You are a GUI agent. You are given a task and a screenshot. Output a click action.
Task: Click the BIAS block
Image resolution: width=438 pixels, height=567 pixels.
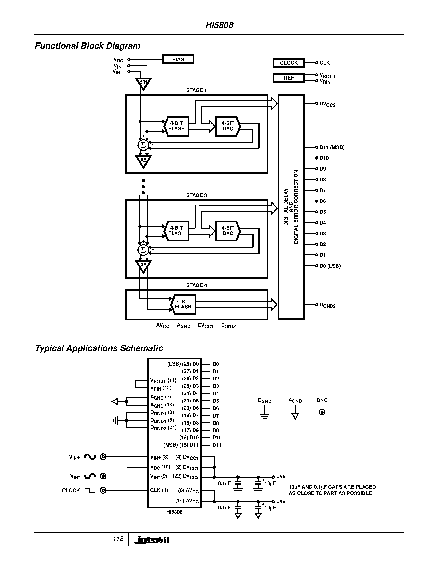click(178, 59)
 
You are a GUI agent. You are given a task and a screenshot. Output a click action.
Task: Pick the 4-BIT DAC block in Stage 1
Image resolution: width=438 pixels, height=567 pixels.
click(228, 126)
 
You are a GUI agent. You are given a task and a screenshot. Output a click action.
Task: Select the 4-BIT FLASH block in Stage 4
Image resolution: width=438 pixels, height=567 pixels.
click(183, 304)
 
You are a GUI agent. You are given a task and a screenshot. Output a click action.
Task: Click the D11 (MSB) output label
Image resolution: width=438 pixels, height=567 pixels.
click(332, 147)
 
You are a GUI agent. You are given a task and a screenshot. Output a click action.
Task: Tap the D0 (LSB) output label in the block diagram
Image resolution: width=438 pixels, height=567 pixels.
click(330, 266)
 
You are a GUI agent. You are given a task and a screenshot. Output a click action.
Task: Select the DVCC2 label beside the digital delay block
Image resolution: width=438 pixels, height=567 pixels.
click(327, 104)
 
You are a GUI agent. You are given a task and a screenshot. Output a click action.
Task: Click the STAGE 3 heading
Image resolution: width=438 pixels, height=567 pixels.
click(196, 195)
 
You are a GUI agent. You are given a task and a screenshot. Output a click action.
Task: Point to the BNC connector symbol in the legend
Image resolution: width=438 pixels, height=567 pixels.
click(322, 412)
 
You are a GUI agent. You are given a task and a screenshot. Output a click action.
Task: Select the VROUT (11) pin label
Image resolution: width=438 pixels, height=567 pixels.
click(163, 381)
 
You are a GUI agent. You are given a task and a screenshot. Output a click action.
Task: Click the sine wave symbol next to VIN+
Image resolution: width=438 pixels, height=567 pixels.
click(90, 457)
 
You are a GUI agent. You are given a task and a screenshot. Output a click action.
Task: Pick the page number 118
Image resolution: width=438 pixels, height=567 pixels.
click(118, 539)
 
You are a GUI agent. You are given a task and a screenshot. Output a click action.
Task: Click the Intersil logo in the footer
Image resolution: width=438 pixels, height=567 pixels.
click(152, 540)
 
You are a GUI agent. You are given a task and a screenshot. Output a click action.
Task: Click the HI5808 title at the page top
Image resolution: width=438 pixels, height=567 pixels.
click(219, 25)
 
